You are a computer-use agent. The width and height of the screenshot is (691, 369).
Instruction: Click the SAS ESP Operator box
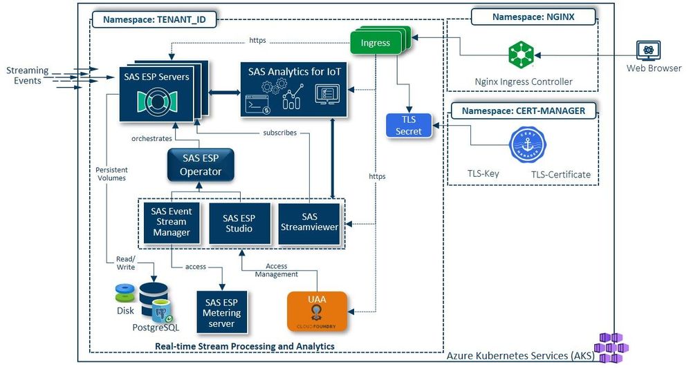click(x=201, y=164)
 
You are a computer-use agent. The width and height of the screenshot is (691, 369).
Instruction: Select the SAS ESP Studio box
click(x=239, y=223)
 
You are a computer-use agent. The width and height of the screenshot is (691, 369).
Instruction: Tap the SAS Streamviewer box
click(x=310, y=223)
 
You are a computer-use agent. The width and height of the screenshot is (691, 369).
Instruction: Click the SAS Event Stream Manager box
click(x=172, y=223)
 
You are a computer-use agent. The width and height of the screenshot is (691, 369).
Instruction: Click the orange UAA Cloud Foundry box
click(x=317, y=312)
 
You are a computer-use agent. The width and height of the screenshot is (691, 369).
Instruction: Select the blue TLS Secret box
click(x=408, y=125)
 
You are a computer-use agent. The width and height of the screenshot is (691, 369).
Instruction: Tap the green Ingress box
click(x=375, y=43)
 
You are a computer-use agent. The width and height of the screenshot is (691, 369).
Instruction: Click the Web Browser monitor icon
click(x=649, y=50)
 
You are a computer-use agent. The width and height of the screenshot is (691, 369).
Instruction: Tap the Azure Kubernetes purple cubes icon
click(x=611, y=347)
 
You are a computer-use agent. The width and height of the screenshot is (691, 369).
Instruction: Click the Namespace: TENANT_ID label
click(x=154, y=20)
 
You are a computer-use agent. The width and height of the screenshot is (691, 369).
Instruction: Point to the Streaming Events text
click(x=27, y=75)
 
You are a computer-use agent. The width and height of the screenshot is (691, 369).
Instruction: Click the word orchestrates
click(x=151, y=138)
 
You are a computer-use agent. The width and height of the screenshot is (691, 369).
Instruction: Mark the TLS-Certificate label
click(x=561, y=175)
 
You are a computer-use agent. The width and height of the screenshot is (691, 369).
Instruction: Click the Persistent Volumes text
click(x=111, y=173)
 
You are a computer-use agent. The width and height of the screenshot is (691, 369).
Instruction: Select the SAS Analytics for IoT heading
click(x=295, y=71)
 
